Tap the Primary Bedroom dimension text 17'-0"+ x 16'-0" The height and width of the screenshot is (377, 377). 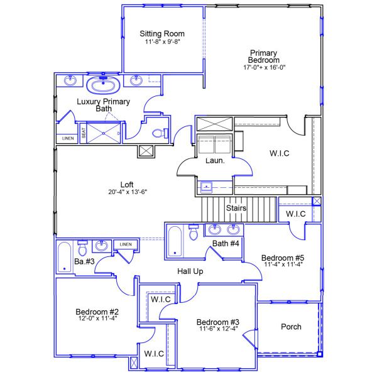(265, 67)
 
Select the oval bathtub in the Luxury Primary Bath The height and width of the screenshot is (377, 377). (100, 85)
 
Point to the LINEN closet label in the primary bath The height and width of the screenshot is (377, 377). (67, 138)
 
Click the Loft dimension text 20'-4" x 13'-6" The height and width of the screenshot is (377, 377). (127, 192)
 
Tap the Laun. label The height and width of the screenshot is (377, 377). (212, 160)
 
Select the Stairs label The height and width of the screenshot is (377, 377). (236, 208)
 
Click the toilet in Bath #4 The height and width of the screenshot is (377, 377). (194, 233)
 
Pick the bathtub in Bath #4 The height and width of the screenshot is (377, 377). (175, 241)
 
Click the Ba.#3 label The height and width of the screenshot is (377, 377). (84, 261)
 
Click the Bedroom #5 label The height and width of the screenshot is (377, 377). (283, 258)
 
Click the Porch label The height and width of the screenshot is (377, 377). (290, 327)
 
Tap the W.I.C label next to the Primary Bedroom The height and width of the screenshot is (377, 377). (280, 153)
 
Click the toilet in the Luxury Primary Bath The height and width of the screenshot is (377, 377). (161, 133)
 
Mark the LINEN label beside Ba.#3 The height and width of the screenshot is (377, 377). (126, 244)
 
